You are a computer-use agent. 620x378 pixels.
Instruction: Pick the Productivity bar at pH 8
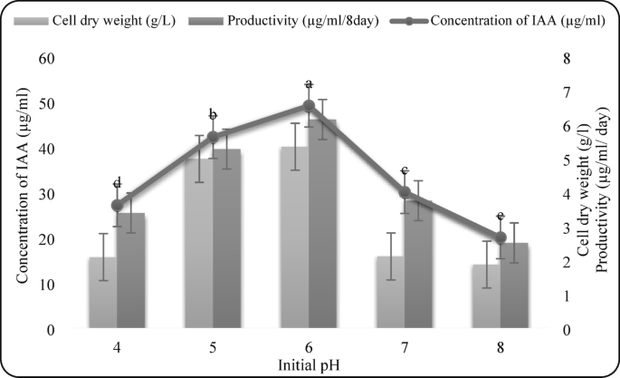(514, 286)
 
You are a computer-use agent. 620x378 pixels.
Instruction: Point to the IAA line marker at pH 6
(309, 106)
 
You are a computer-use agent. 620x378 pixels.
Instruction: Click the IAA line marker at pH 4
(117, 205)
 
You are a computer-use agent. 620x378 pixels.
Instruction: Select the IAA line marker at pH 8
(501, 237)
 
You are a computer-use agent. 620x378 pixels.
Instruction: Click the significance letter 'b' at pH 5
(213, 115)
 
